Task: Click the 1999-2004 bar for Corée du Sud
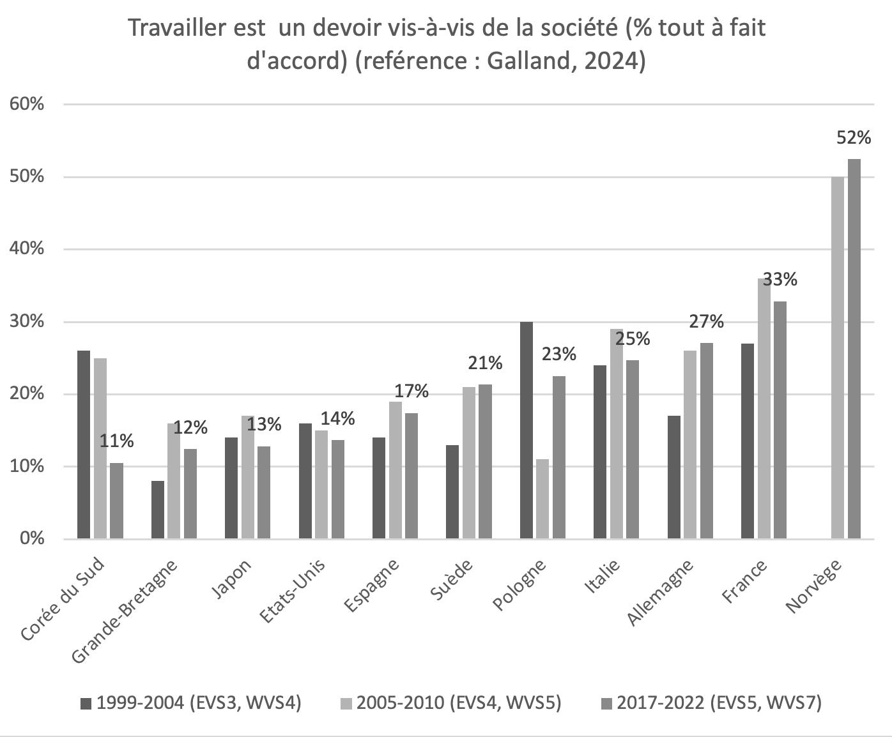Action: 84,444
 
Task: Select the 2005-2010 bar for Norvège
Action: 837,358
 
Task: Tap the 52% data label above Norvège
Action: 854,137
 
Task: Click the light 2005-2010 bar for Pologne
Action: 542,499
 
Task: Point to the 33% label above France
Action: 780,280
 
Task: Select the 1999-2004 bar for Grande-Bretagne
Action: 157,510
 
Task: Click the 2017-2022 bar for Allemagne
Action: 706,441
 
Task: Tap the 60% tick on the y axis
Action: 26,104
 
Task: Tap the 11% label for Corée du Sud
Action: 118,441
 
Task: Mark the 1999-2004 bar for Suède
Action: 452,492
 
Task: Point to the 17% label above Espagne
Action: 412,391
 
